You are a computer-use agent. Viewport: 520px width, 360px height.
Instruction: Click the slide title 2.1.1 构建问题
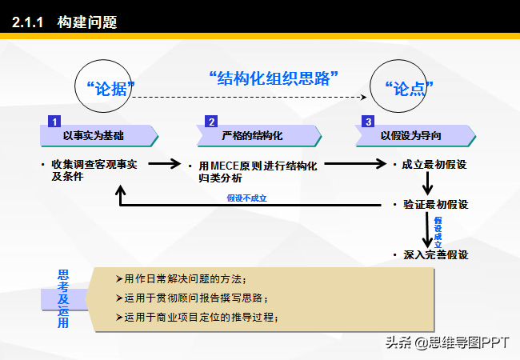(x=64, y=22)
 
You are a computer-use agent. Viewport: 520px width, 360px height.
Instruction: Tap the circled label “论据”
(x=110, y=89)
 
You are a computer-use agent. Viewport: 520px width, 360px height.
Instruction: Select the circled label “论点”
(x=409, y=89)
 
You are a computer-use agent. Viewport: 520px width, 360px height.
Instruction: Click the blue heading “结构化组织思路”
(x=274, y=78)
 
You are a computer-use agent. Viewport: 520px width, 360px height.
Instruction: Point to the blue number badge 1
(x=54, y=122)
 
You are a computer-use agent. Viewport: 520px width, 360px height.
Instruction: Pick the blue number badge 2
(x=211, y=122)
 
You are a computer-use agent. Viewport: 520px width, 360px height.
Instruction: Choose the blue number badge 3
(x=368, y=122)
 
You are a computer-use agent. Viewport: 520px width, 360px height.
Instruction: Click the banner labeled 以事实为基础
(x=99, y=135)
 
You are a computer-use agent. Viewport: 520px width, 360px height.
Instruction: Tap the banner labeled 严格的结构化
(x=259, y=135)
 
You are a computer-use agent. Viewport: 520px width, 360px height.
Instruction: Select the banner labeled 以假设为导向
(x=415, y=135)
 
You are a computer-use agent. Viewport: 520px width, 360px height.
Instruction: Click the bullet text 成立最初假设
(x=434, y=165)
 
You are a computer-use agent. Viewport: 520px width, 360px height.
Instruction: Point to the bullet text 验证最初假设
(x=436, y=205)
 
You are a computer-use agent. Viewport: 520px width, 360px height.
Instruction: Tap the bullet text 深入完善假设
(x=436, y=255)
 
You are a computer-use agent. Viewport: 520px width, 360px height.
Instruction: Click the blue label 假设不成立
(x=246, y=198)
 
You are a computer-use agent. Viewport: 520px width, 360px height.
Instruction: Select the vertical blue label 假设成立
(x=438, y=232)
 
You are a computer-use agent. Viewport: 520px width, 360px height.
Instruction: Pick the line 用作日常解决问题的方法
(x=181, y=279)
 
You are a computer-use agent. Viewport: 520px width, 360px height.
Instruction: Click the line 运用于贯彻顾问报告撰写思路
(x=192, y=298)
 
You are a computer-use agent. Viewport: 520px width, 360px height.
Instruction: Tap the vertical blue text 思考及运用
(x=63, y=298)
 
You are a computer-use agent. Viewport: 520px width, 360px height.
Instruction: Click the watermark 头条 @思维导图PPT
(x=447, y=342)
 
